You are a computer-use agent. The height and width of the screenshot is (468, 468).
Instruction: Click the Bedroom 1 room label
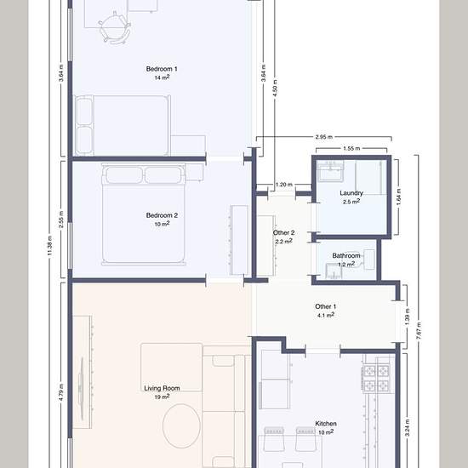tap(162, 69)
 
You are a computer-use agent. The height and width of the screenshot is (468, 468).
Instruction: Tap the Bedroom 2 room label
tap(162, 215)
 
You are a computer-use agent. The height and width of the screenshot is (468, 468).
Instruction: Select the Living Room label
tap(162, 388)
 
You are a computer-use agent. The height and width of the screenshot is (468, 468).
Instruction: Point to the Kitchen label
tap(326, 424)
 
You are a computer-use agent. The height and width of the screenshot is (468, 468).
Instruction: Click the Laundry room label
tap(351, 193)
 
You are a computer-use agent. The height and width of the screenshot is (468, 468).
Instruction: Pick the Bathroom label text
tap(346, 256)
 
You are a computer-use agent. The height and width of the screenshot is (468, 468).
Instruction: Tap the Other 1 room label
tap(326, 306)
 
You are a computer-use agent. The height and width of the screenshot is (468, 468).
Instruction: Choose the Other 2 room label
tap(284, 233)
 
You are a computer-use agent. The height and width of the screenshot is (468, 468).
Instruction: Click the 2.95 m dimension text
tap(324, 137)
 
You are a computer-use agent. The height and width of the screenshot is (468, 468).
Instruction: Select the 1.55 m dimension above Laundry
tap(351, 148)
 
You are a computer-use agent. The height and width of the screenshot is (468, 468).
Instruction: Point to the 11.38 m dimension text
tap(49, 246)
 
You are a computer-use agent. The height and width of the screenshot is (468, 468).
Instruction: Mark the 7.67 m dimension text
tap(419, 330)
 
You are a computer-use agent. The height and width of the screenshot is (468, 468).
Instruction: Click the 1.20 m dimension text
tap(284, 185)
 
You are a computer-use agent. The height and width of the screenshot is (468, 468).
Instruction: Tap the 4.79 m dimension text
tap(61, 392)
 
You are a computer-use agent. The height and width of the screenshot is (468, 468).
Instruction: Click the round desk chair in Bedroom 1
tap(114, 27)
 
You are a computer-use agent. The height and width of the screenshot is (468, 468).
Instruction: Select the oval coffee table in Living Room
tap(181, 426)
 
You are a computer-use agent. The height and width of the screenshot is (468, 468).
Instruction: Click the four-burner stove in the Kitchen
tap(376, 378)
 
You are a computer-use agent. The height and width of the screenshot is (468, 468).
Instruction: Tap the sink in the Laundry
tap(331, 171)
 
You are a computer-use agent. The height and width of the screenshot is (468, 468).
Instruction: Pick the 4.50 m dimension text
tap(275, 88)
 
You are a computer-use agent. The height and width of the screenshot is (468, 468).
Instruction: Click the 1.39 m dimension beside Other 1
tap(408, 317)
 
